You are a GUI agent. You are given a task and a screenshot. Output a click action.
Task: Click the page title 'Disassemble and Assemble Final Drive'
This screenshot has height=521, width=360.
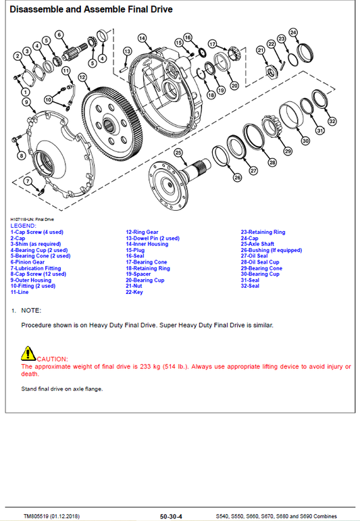(91, 9)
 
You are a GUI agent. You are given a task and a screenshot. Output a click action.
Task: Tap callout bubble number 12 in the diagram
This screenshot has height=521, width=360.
(82, 78)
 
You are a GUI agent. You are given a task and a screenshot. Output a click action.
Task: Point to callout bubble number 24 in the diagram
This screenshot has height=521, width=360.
(292, 32)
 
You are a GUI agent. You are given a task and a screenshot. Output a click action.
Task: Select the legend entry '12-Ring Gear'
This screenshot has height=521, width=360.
(142, 232)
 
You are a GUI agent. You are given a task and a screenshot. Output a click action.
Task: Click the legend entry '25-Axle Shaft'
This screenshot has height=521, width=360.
(257, 244)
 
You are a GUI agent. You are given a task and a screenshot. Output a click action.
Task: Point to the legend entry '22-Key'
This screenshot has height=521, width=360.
(134, 292)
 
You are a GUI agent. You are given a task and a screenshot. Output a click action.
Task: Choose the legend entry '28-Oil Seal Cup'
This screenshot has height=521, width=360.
(260, 262)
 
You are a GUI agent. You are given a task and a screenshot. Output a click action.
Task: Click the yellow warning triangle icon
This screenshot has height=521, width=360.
(28, 353)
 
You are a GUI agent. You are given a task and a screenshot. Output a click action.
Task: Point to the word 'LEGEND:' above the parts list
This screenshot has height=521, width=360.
(23, 226)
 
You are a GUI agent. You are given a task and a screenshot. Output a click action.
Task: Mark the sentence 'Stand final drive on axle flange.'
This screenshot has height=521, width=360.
(61, 389)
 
